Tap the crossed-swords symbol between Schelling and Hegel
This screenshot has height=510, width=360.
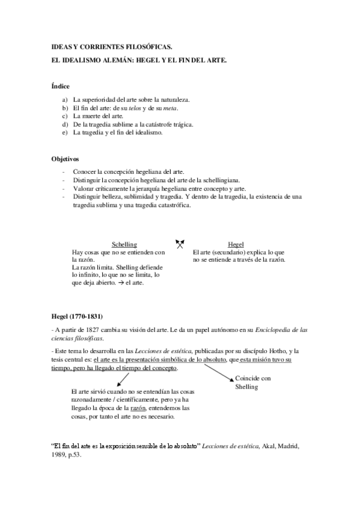click(x=179, y=244)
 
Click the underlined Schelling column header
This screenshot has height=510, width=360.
click(x=124, y=245)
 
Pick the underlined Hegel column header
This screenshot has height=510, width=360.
click(x=235, y=245)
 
